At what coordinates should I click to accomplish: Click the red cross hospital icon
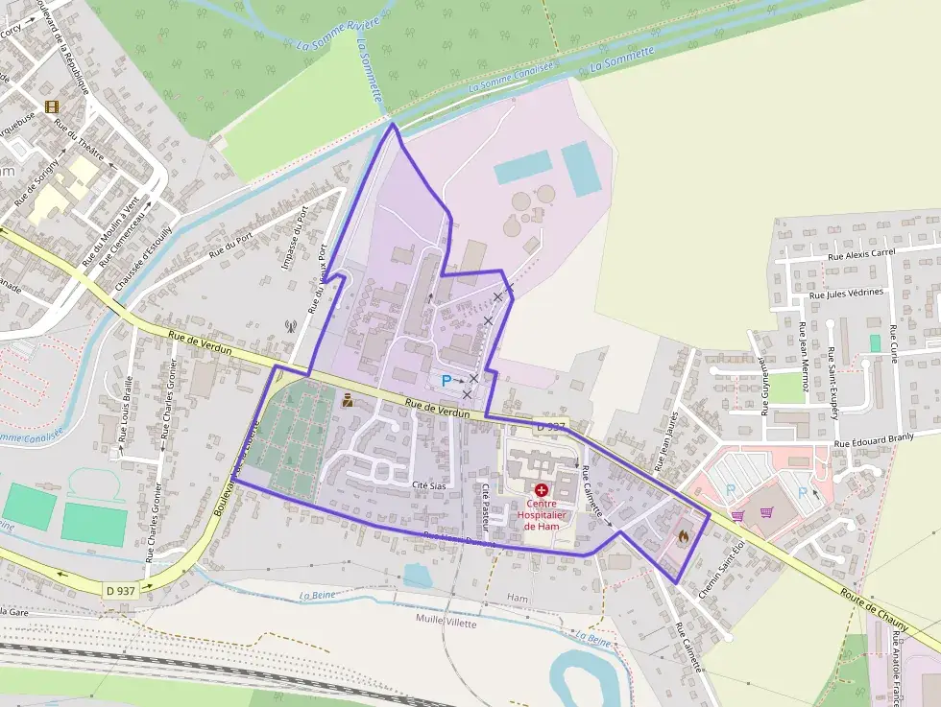tap(542, 489)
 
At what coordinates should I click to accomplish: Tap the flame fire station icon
tap(684, 537)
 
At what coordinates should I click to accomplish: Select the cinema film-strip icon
tap(51, 106)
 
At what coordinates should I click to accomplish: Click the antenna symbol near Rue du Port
tap(289, 325)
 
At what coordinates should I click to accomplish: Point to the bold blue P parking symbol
tap(446, 381)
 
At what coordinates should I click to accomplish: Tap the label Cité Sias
tap(429, 485)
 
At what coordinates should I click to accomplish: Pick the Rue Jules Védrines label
tap(847, 294)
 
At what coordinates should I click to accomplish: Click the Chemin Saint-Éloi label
tap(722, 571)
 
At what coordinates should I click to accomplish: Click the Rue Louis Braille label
tap(127, 409)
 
